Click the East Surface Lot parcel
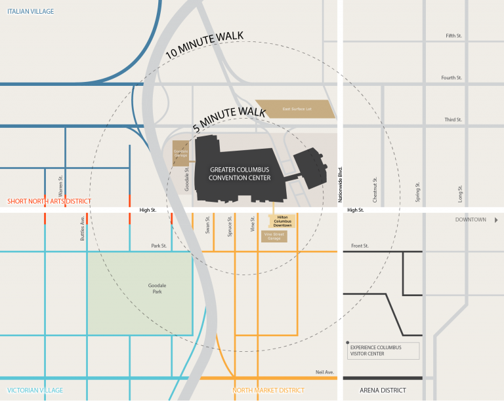(x=295, y=109)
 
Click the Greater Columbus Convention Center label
(x=240, y=174)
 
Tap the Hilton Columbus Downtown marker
(x=283, y=221)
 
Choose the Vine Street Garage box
(x=274, y=236)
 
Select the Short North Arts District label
(x=49, y=201)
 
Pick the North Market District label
(x=268, y=391)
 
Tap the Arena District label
(x=383, y=391)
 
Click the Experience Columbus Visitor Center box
(x=383, y=351)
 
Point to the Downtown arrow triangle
(x=496, y=220)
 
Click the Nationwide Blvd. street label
(x=341, y=183)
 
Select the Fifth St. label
(x=453, y=35)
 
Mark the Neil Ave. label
(x=324, y=372)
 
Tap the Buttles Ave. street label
(x=83, y=228)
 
